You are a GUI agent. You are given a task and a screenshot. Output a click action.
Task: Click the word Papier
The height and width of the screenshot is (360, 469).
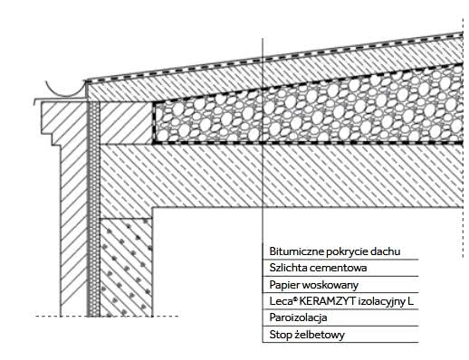tap(284, 285)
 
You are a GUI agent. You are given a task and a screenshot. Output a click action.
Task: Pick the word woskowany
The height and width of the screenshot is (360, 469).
tap(330, 285)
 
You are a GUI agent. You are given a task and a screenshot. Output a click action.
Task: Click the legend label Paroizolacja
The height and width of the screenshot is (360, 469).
tap(298, 317)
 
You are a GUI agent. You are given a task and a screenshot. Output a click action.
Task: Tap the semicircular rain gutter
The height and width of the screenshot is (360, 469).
tap(65, 93)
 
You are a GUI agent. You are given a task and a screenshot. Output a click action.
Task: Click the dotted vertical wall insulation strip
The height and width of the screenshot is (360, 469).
tap(93, 209)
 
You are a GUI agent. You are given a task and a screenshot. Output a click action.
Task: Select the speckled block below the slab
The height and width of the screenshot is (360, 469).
tap(126, 268)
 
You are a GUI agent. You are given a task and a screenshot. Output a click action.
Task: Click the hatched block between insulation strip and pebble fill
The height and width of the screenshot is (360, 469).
tap(126, 123)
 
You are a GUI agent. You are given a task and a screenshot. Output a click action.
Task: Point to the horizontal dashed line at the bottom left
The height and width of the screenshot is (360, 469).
tap(107, 317)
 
